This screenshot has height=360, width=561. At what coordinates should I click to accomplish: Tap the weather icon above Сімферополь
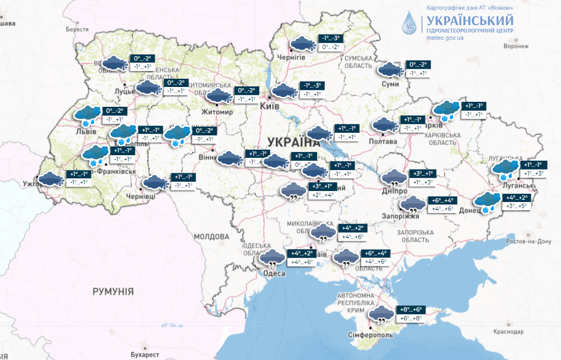click(381, 314)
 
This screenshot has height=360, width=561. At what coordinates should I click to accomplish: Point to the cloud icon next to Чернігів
click(303, 43)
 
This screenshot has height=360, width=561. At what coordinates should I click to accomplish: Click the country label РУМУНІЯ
click(113, 291)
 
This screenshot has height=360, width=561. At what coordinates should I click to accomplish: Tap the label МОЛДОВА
click(211, 236)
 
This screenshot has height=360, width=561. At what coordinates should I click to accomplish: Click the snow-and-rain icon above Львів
click(88, 114)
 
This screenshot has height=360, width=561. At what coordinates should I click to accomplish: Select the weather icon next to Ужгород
click(50, 178)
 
